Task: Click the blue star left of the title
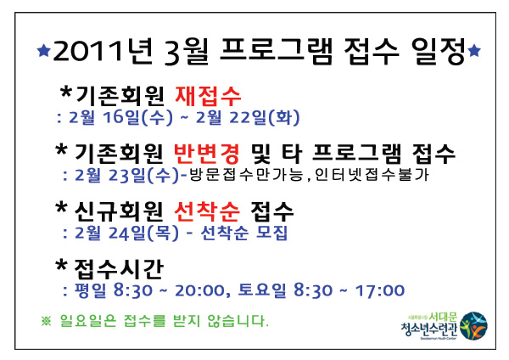click(x=44, y=51)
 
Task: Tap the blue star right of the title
click(x=474, y=50)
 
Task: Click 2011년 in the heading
click(x=103, y=51)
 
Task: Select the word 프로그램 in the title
click(x=277, y=51)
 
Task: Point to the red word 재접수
click(x=208, y=96)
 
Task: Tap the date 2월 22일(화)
click(x=248, y=117)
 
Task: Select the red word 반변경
click(x=207, y=154)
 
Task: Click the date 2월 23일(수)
click(x=127, y=175)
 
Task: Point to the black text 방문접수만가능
click(x=246, y=175)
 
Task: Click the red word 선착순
click(x=207, y=211)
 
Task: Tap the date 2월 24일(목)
click(x=127, y=233)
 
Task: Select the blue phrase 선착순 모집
click(x=244, y=233)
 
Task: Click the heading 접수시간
click(x=119, y=269)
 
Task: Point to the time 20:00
click(x=199, y=290)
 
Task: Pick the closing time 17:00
click(x=380, y=290)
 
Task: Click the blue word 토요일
click(x=262, y=290)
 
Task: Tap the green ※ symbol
click(x=46, y=321)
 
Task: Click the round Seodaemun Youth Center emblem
click(x=474, y=326)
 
